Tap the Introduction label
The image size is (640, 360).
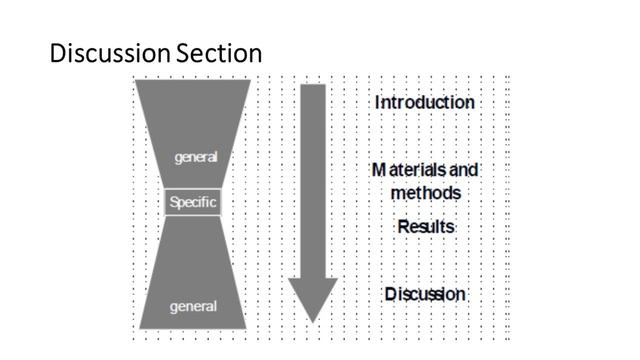(424, 102)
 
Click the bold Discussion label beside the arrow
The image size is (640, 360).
(425, 294)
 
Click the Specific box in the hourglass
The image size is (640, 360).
(192, 203)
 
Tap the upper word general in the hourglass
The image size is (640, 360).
(195, 158)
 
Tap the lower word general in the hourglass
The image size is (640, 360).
(194, 305)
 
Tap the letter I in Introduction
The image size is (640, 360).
(378, 102)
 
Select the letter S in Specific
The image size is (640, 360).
(174, 203)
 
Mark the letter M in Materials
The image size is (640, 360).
(378, 171)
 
